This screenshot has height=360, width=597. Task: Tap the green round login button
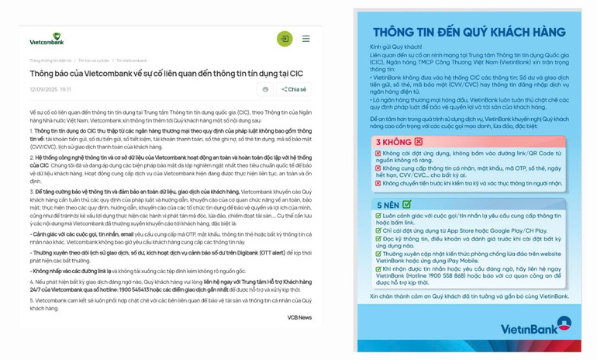(x=285, y=38)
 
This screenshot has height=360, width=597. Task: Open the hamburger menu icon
(x=306, y=38)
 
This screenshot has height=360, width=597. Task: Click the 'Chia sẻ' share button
(x=295, y=89)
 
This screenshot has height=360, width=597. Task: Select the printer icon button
(x=265, y=89)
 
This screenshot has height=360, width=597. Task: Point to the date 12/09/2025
(x=43, y=90)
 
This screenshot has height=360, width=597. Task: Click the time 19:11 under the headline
(x=66, y=90)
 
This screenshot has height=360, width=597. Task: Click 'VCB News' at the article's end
(x=299, y=317)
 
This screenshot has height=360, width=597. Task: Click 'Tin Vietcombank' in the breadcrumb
(x=132, y=61)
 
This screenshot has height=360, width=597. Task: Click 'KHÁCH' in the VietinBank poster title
(x=494, y=32)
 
